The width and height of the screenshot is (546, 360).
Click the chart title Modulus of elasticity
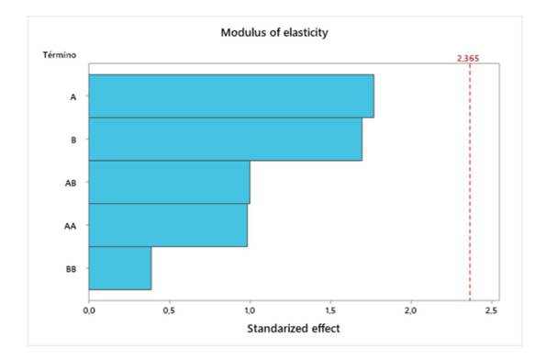click(x=274, y=32)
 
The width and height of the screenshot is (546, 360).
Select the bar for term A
click(x=231, y=96)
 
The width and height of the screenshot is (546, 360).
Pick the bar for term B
click(x=225, y=139)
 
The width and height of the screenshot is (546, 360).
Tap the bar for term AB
click(x=169, y=182)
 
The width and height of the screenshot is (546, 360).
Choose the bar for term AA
click(x=168, y=225)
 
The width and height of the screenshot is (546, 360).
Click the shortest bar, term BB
click(x=119, y=268)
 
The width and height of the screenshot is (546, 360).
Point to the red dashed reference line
click(x=470, y=184)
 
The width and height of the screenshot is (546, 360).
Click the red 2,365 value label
click(x=468, y=59)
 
